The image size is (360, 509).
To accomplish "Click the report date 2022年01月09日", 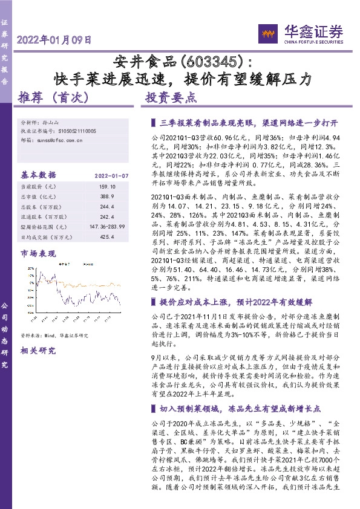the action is click(x=54, y=41).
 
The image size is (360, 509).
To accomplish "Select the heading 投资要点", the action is click(x=171, y=97).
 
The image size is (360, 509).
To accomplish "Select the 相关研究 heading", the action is click(x=38, y=350).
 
